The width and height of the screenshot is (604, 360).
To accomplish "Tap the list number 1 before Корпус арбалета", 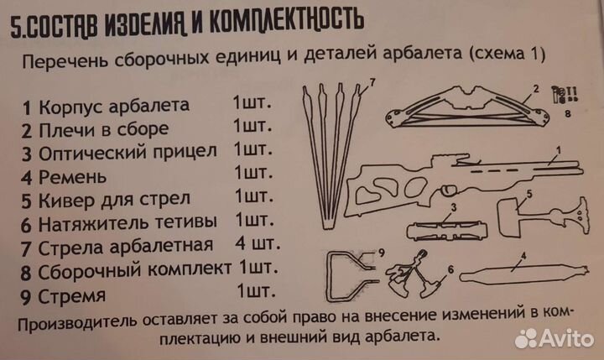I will click(x=27, y=107).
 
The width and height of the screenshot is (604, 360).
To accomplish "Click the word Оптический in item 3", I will click(x=87, y=153).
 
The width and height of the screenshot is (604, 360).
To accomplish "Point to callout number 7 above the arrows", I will click(x=373, y=81).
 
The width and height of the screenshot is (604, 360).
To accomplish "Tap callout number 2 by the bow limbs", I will click(x=534, y=87).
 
